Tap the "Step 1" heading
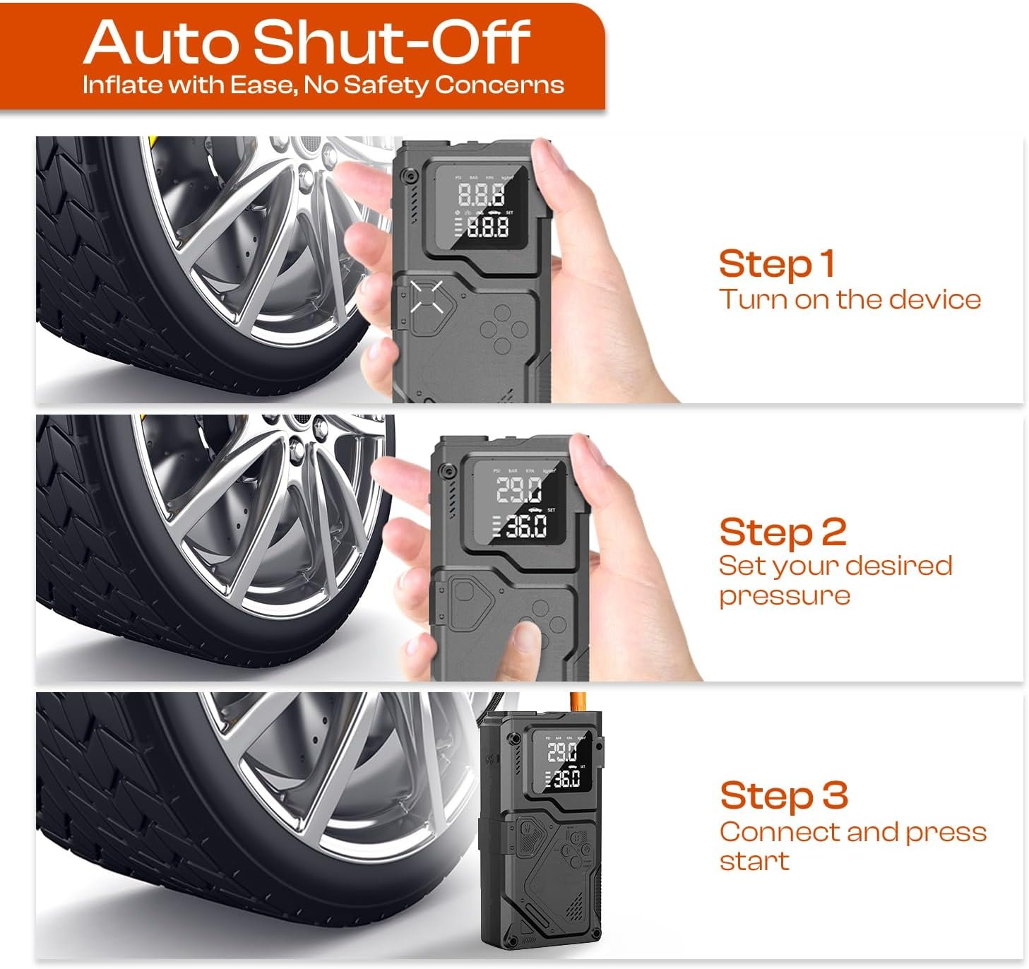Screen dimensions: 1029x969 click(x=776, y=265)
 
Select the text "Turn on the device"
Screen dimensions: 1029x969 click(x=850, y=299)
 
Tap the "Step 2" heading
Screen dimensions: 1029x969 click(x=783, y=533)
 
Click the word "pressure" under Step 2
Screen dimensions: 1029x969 click(x=785, y=596)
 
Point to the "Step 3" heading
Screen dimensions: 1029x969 click(x=784, y=796)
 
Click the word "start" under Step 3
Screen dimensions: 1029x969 click(x=754, y=861)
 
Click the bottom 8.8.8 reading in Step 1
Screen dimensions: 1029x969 click(x=487, y=227)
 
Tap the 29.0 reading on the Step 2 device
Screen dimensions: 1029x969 click(x=518, y=489)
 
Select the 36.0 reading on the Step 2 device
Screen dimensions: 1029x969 click(x=526, y=526)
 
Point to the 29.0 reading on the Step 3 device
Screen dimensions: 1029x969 click(x=562, y=752)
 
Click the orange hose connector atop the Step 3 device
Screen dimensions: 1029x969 click(x=577, y=701)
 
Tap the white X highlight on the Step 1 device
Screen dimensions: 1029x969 click(x=427, y=297)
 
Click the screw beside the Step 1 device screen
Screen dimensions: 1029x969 click(x=411, y=176)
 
